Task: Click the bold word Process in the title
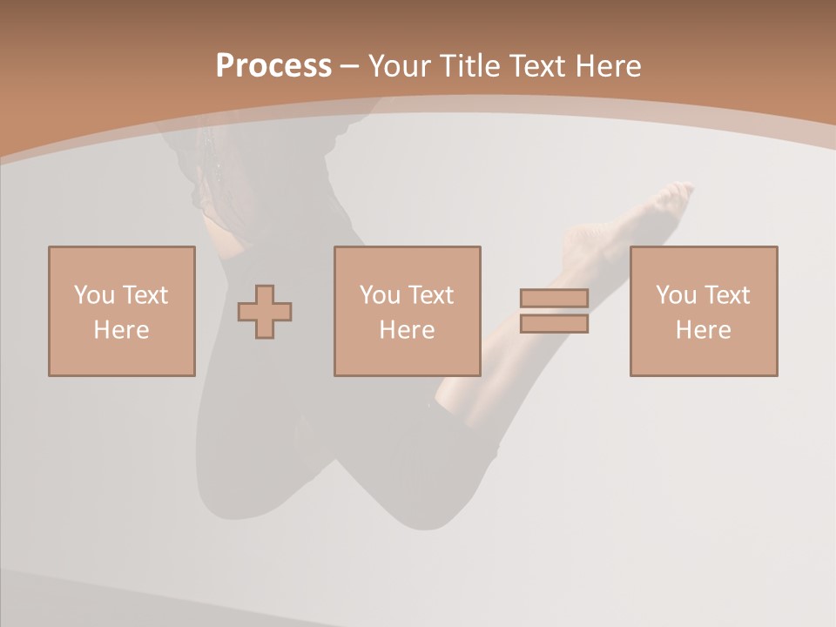click(273, 66)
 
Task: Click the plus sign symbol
click(265, 312)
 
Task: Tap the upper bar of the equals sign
click(554, 299)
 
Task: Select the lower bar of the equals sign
click(554, 324)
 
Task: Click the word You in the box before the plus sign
click(93, 295)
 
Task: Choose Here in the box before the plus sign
click(121, 330)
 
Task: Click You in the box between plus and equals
click(380, 295)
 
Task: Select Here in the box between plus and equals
click(407, 330)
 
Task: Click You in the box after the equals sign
click(676, 295)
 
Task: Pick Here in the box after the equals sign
click(703, 330)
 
